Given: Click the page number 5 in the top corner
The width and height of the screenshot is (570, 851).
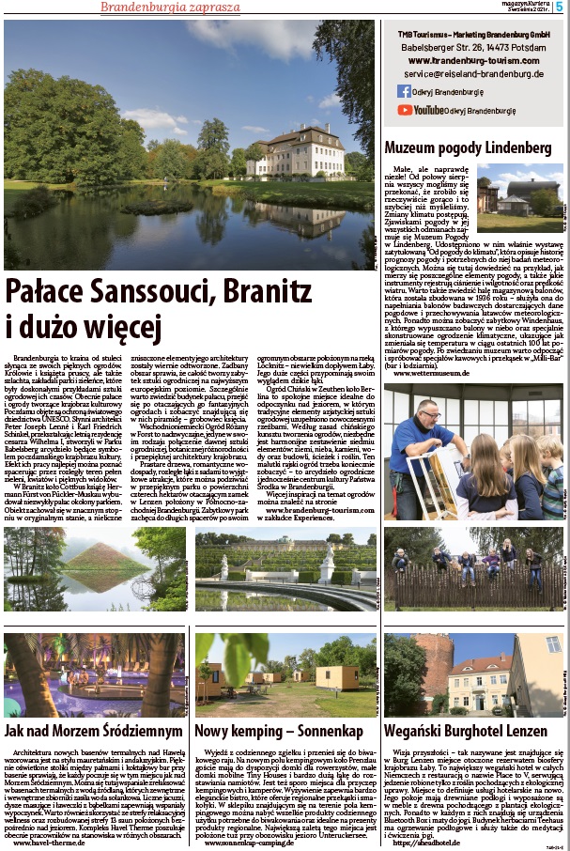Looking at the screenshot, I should click(560, 8).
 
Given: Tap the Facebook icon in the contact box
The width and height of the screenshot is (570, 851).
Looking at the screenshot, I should click(405, 91).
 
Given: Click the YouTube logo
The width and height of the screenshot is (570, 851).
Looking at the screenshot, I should click(418, 110).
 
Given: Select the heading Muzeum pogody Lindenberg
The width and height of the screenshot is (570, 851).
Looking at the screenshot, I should click(467, 147).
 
